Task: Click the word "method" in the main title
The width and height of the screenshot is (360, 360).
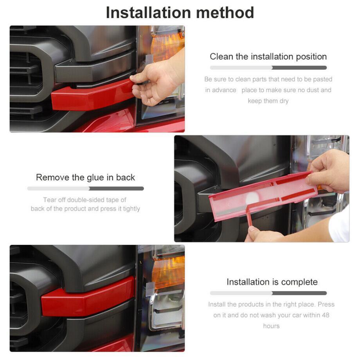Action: pos(225,13)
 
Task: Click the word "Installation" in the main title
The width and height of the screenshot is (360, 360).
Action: pos(148,13)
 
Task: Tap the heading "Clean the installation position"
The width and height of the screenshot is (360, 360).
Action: pos(268,56)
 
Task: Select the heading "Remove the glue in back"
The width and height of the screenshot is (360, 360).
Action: pos(85,178)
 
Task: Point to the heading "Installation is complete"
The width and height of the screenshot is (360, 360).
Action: pos(272,282)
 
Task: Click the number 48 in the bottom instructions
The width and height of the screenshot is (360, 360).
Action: pos(326,315)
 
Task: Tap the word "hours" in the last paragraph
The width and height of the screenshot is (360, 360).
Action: pos(272,326)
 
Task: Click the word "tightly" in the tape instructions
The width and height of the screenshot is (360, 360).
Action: pos(131,209)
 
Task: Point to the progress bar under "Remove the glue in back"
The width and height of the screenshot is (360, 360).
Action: pos(85,189)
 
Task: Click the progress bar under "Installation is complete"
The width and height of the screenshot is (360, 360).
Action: pos(268,293)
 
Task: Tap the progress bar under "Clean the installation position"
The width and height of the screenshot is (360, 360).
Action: pos(268,68)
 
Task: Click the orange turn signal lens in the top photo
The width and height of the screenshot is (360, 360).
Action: pos(167,47)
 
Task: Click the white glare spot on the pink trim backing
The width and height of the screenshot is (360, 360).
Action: pos(252,198)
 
